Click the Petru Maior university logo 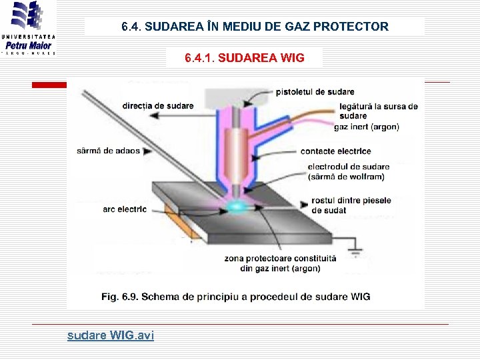tap(29, 28)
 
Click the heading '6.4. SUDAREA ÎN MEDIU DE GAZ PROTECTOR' tap(255, 27)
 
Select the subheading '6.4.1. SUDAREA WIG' tap(244, 58)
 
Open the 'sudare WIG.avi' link tap(110, 335)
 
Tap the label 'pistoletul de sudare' tap(315, 91)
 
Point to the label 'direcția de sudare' tap(157, 105)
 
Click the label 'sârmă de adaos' tap(108, 150)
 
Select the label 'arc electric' tap(124, 209)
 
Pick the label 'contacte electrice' tap(335, 151)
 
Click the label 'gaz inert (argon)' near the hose tap(366, 127)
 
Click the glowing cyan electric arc tap(236, 207)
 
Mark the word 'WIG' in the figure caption tap(359, 297)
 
